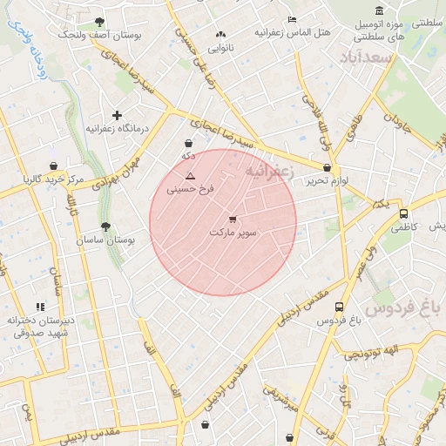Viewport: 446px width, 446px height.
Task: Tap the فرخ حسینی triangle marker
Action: pos(190,175)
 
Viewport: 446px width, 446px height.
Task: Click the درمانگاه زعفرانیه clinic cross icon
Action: pos(117,115)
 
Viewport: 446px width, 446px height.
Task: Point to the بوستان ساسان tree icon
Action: pos(106,226)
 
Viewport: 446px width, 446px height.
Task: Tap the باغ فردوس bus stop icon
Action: pos(339,307)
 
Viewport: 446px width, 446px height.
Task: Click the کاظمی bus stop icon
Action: pos(403,213)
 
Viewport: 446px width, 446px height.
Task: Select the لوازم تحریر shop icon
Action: pos(327,167)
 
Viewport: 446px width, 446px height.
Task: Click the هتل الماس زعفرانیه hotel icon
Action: pos(291,19)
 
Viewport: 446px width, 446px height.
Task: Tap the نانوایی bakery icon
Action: pos(220,35)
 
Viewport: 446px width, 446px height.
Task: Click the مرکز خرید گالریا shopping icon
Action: pos(54,166)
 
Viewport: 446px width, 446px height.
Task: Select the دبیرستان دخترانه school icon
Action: pos(40,307)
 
